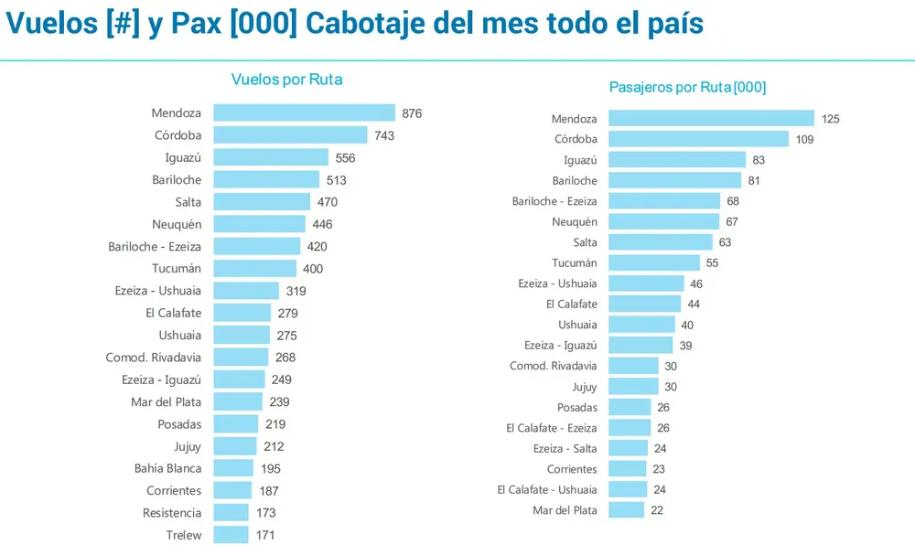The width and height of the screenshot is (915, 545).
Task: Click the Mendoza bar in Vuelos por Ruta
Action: coord(304,113)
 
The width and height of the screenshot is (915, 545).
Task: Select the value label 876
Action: coord(412,113)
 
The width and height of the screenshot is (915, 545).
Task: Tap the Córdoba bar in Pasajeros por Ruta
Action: coord(698,139)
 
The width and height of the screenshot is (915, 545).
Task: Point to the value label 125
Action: coord(830,119)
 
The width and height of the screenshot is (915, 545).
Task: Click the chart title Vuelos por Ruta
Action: coord(287,80)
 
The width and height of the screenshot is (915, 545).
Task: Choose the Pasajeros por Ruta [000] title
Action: coord(687,88)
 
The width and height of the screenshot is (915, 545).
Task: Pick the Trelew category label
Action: coord(183,535)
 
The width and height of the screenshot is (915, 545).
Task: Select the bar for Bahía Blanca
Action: coord(233,468)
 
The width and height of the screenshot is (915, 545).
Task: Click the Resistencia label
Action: coord(172,513)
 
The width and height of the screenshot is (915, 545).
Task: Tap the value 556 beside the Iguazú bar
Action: coord(345,158)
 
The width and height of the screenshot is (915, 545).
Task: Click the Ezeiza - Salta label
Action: coord(565,448)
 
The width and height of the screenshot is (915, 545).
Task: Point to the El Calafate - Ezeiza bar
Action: coord(630,428)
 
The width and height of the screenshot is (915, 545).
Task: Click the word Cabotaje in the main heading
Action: coord(365,24)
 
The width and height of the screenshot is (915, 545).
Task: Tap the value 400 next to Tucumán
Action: coord(313,269)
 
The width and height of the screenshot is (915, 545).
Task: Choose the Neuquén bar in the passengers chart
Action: coord(663,221)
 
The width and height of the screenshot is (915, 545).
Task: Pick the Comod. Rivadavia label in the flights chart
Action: coord(153,358)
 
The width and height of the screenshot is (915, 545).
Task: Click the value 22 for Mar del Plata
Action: coord(656,510)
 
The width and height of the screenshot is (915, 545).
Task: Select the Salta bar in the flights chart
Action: coord(262,202)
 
